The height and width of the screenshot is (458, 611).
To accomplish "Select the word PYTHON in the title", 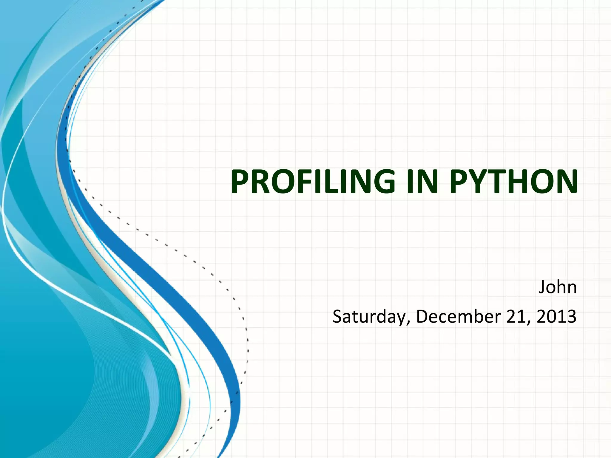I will point(513,182).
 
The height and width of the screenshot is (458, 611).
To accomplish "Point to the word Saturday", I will point(369,317).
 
